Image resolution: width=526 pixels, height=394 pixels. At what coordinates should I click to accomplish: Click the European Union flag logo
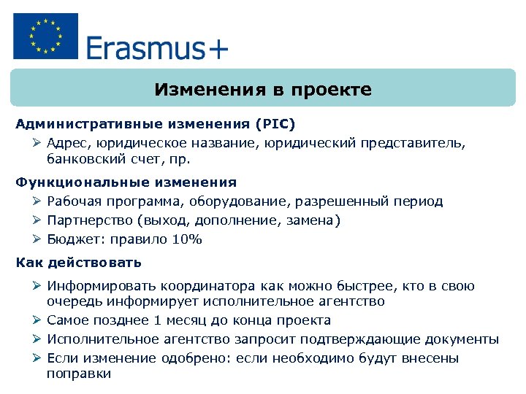coord(45,37)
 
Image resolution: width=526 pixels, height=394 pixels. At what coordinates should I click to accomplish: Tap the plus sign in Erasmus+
coord(218,49)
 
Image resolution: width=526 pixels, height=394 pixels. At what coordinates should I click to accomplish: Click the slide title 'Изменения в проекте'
coord(263,90)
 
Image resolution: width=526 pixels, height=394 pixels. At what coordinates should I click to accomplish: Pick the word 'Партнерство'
coord(88,220)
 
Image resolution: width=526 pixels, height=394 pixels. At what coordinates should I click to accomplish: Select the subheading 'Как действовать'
coord(79,262)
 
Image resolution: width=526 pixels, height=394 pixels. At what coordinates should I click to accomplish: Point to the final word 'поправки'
coord(79,374)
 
